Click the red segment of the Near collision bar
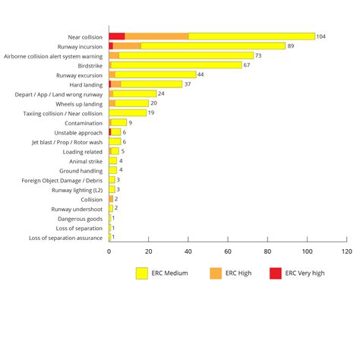116,36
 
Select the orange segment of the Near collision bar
156,36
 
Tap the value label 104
321,36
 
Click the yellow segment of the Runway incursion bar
213,46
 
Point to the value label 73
258,55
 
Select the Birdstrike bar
175,65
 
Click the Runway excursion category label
79,75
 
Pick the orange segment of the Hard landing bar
116,84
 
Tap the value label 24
161,93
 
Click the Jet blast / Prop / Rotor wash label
67,141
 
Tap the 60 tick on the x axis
228,250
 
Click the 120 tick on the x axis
346,250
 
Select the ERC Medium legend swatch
142,273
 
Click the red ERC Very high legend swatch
276,273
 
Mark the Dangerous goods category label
80,219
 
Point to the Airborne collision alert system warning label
53,55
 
